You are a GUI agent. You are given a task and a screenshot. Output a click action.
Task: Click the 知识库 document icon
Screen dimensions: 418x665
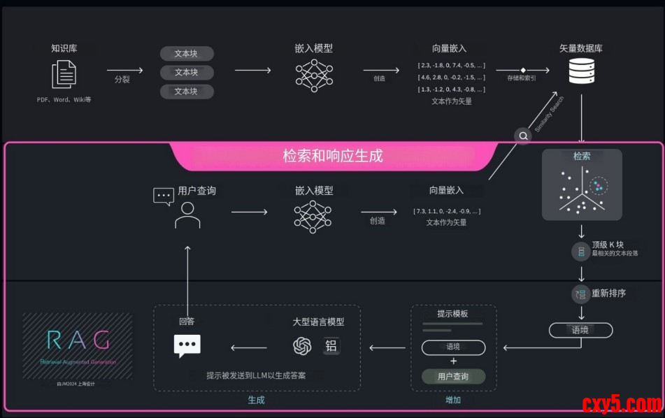[64, 74]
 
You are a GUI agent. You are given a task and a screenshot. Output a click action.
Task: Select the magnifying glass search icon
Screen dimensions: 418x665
[523, 136]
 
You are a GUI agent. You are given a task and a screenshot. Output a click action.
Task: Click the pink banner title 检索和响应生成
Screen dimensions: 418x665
[333, 155]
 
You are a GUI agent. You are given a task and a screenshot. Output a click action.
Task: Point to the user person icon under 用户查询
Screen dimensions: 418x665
[187, 215]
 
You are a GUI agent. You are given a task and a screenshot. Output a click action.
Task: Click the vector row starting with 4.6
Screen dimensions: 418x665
[451, 78]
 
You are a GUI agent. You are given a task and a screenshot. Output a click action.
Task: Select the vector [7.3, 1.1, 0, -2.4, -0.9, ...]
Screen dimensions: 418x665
[447, 210]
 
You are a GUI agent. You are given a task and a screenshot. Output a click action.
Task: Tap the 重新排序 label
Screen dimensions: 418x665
[608, 294]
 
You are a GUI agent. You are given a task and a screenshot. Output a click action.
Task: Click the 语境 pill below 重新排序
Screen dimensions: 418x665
[580, 330]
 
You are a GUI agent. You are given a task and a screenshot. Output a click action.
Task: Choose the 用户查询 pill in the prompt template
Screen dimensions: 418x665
[453, 377]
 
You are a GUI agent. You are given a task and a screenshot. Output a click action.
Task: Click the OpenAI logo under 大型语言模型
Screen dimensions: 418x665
[302, 346]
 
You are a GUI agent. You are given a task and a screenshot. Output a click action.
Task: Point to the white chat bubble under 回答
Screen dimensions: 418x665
[187, 345]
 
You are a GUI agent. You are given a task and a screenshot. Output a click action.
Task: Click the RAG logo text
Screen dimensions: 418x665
[78, 340]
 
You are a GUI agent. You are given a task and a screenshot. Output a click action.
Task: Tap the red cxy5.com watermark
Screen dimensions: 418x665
[621, 404]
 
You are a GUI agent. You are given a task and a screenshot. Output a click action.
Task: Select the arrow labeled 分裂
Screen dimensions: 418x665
[124, 71]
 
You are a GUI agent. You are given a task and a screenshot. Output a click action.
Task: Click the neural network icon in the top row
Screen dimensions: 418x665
[313, 73]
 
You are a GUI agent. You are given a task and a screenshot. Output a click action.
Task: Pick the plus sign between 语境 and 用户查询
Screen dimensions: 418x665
[453, 361]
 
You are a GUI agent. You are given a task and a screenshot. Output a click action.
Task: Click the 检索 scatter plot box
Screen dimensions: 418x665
[582, 185]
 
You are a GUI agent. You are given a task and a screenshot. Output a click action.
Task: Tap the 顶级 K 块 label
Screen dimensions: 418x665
[607, 245]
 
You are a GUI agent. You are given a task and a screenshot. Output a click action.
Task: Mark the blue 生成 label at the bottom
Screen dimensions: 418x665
[256, 401]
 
